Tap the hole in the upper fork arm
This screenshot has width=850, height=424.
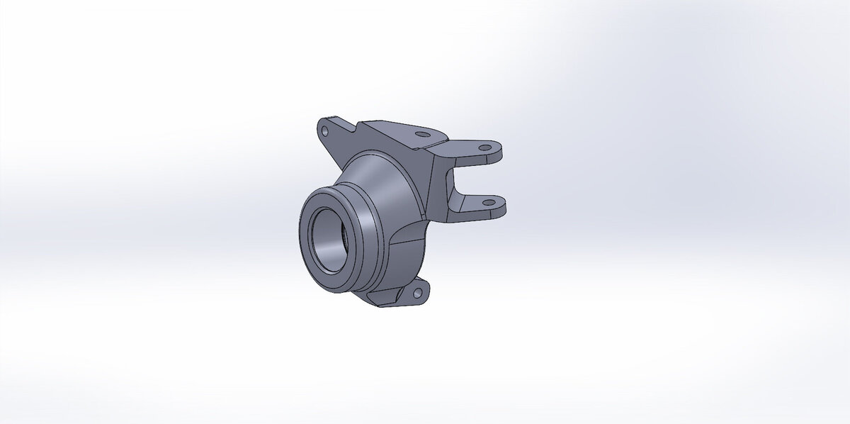click(x=485, y=148)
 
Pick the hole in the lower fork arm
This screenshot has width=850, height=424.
click(x=487, y=203)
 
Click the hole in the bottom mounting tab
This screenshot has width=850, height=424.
click(x=416, y=291)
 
